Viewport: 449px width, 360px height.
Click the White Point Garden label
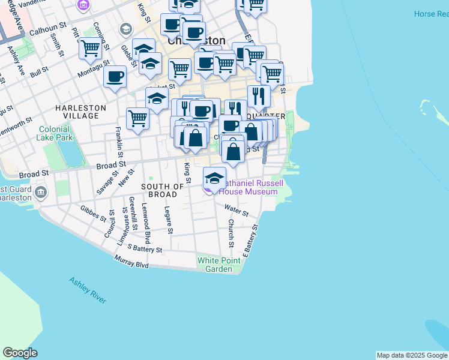tap(215, 265)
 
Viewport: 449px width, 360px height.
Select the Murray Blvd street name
tap(131, 261)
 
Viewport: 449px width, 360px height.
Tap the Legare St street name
tap(169, 220)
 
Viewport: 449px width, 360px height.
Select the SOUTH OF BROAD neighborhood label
tap(163, 190)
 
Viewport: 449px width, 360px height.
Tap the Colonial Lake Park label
tap(56, 133)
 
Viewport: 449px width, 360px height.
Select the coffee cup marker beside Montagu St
tap(115, 77)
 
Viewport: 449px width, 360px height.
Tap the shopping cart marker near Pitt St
tap(90, 48)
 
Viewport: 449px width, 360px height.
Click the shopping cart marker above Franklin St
tap(138, 118)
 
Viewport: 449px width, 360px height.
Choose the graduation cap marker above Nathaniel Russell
tap(214, 178)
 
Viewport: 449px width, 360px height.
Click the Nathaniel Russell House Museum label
tap(248, 187)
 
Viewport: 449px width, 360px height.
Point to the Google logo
tap(20, 353)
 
